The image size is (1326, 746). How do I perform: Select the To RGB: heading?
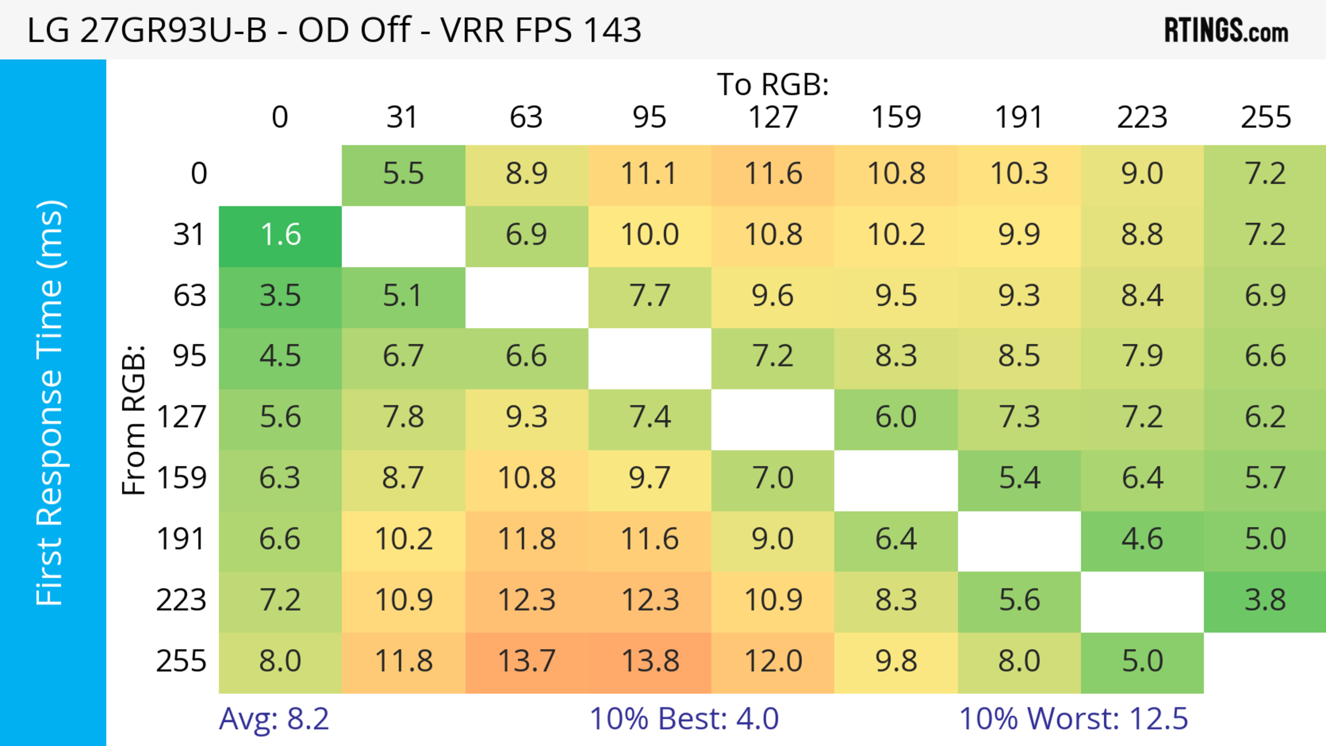coord(773,84)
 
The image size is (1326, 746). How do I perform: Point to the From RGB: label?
coord(134,420)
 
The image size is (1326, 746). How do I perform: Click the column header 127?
coord(773,117)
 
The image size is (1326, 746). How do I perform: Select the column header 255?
coord(1265,117)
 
